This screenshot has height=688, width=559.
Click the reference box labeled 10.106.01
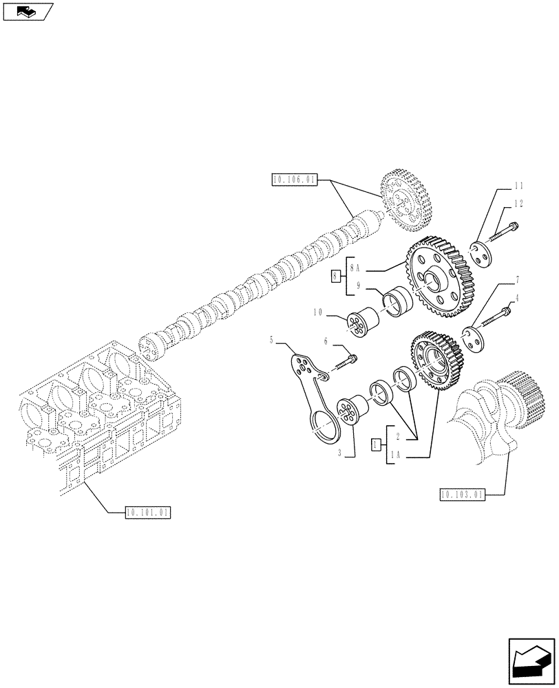pyautogui.click(x=294, y=181)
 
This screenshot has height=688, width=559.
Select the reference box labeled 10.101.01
pyautogui.click(x=148, y=512)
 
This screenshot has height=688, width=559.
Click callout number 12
pyautogui.click(x=519, y=204)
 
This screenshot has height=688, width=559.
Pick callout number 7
pyautogui.click(x=516, y=281)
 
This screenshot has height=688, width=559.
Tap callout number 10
pyautogui.click(x=317, y=312)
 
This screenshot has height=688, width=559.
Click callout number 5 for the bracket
pyautogui.click(x=271, y=339)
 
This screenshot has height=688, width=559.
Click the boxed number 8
pyautogui.click(x=335, y=277)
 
